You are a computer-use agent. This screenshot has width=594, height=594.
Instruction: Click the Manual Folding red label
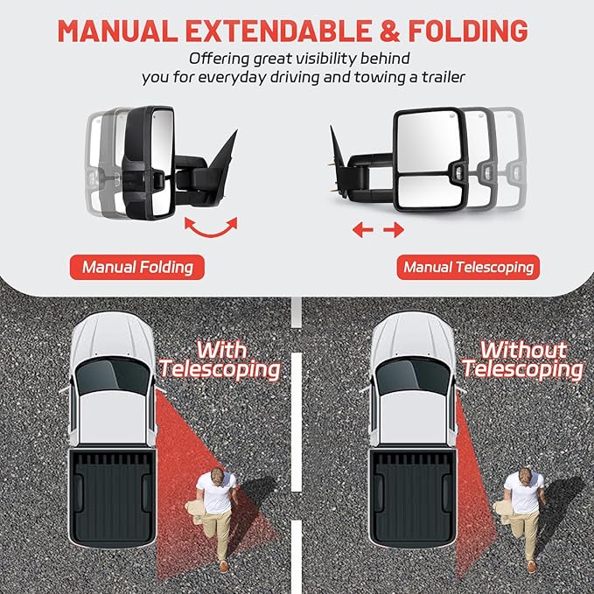coord(137,266)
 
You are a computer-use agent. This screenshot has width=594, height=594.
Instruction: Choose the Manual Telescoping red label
coord(468,266)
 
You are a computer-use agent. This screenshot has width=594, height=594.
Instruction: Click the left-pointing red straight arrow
coord(360,230)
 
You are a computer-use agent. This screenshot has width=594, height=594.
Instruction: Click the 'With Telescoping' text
coord(220,359)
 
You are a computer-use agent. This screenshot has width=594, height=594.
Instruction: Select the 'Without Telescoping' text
coord(523,359)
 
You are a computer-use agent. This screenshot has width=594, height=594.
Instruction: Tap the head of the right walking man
coord(526,477)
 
